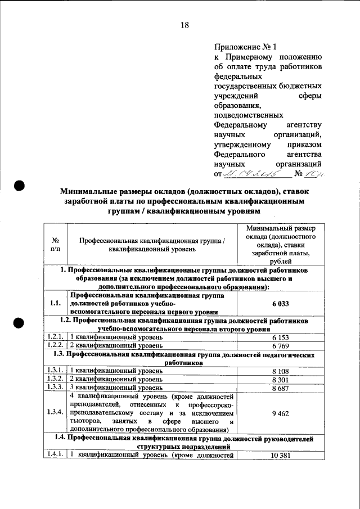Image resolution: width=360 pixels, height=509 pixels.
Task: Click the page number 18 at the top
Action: coord(184,25)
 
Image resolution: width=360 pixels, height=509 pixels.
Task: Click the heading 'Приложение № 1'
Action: coord(238,47)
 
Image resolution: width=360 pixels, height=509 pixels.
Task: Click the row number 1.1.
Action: coord(55,303)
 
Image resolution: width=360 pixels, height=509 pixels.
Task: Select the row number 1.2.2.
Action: coord(55,345)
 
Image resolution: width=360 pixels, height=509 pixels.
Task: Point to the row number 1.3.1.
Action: coord(55,371)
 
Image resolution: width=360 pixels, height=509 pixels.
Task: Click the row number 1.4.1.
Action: coord(55,455)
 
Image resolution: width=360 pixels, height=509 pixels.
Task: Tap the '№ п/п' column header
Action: coord(55,245)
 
